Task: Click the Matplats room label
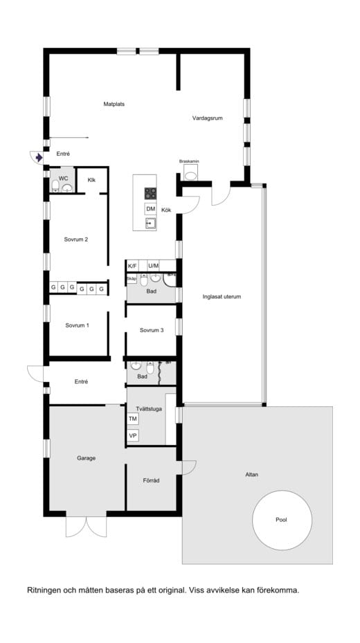click(114, 105)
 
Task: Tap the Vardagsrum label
click(206, 118)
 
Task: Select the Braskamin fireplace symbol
click(190, 174)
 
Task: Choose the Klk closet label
click(91, 180)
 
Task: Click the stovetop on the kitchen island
click(150, 193)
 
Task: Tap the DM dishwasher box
click(150, 209)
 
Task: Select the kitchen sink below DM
click(150, 223)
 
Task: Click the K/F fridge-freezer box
click(133, 266)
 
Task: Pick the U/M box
click(153, 266)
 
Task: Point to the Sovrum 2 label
click(76, 240)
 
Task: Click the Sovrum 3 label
click(151, 330)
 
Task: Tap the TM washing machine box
click(133, 419)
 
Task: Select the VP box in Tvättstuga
click(133, 436)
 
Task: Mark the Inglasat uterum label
click(222, 297)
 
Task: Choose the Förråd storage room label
click(151, 480)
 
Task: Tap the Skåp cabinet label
click(132, 279)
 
